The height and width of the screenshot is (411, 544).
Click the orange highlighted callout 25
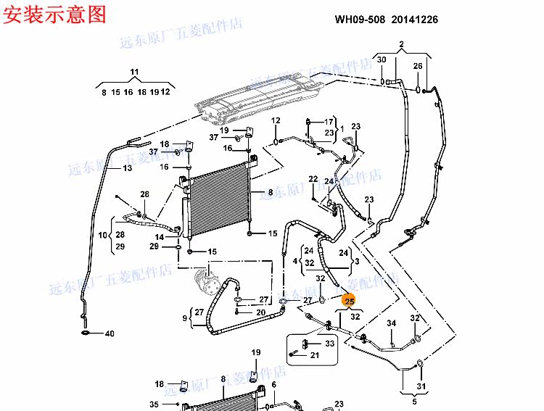350,301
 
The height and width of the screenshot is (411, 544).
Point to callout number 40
110,333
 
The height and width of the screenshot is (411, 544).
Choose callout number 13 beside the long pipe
127,168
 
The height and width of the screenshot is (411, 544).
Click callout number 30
382,59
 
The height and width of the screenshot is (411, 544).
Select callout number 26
418,67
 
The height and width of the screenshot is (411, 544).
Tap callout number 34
390,323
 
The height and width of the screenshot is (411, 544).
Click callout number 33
329,343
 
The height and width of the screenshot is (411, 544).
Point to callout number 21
315,355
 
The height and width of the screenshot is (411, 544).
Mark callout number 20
260,312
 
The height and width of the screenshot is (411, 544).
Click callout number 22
313,179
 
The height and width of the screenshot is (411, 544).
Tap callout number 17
329,122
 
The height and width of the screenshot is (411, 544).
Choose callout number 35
154,404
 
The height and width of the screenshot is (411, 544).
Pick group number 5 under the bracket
415,402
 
